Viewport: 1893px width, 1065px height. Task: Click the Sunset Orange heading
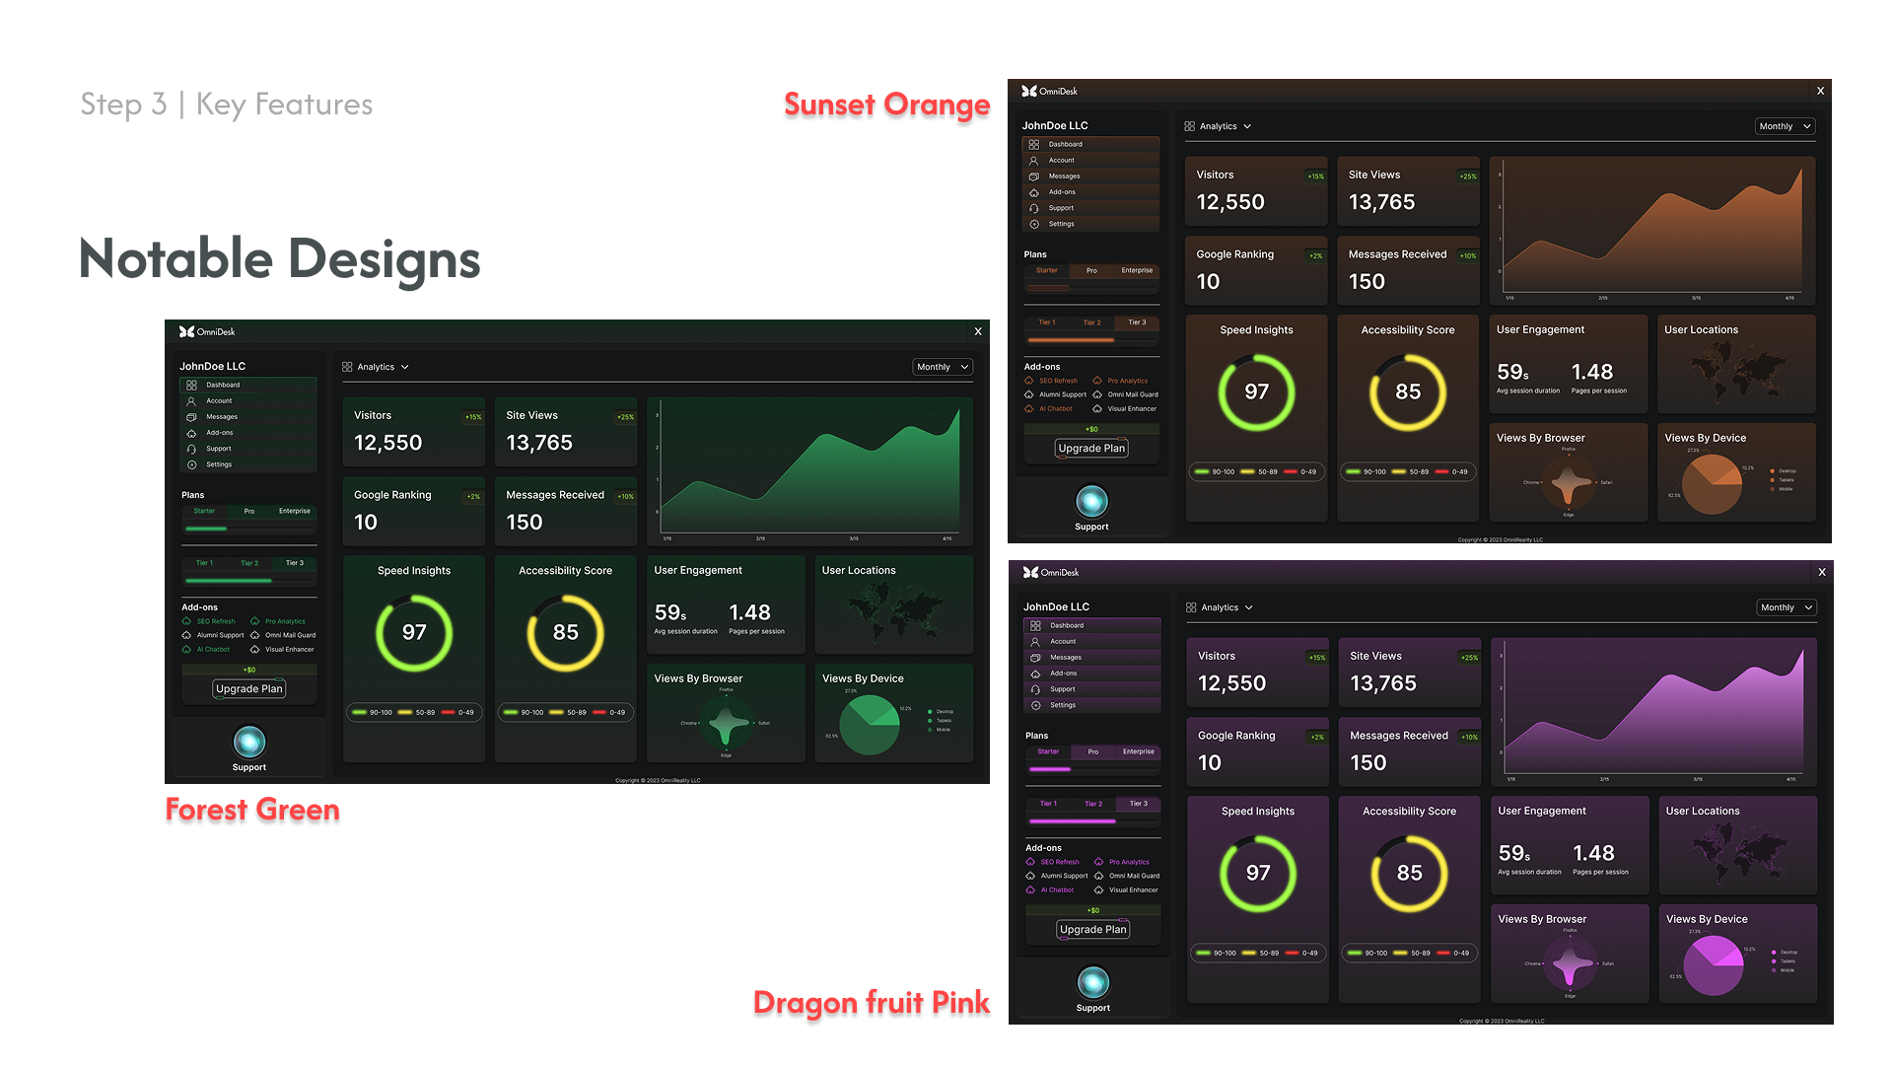[886, 105]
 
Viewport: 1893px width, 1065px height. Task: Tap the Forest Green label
[252, 810]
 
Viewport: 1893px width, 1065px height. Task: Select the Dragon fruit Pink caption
[871, 1003]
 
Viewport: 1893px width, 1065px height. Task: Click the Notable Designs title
[279, 259]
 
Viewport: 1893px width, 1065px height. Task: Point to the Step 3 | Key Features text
[226, 105]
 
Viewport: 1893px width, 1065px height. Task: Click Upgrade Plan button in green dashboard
[248, 688]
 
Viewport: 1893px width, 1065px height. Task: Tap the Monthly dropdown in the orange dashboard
[1785, 126]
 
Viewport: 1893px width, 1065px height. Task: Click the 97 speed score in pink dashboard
[1257, 873]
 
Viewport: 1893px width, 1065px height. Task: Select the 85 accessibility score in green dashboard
[565, 632]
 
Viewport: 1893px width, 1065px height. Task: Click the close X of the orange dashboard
[1820, 91]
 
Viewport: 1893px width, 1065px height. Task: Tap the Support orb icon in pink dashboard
[1092, 982]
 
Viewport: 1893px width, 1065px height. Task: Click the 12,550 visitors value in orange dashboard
[1229, 202]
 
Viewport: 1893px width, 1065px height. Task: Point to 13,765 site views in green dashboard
[539, 443]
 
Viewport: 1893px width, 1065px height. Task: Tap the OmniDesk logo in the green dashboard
[207, 331]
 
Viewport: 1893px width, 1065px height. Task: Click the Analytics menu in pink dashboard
[1220, 607]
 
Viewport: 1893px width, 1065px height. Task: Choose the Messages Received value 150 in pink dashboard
[1367, 763]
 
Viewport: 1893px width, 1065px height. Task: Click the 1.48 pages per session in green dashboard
[749, 613]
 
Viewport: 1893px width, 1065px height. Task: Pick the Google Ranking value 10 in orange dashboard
[1208, 282]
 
